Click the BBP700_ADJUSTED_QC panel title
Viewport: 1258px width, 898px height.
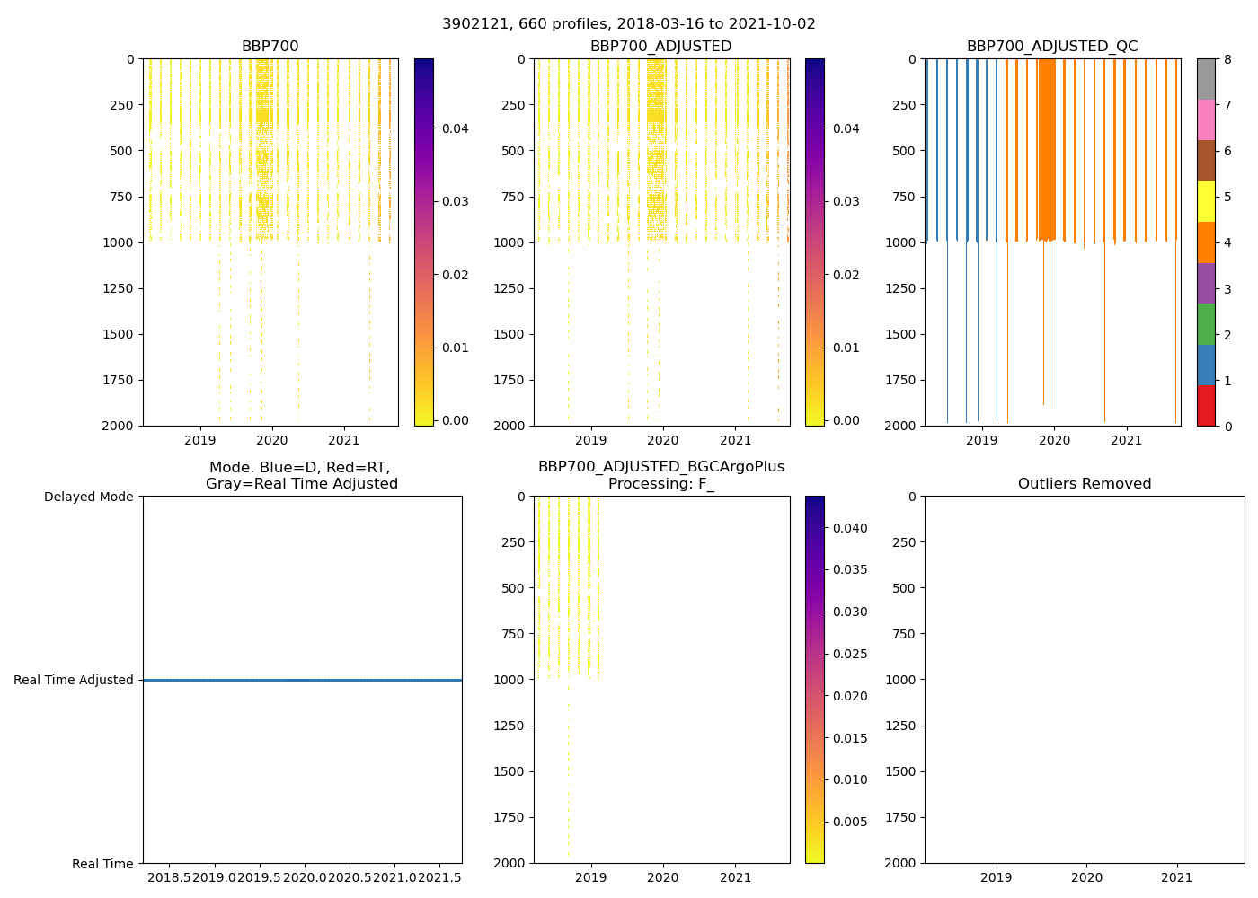click(1052, 47)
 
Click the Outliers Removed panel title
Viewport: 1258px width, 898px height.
click(1084, 484)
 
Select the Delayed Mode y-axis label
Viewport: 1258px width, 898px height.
click(89, 497)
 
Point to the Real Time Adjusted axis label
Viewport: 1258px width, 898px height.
click(74, 680)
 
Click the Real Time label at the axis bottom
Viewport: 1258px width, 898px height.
click(102, 864)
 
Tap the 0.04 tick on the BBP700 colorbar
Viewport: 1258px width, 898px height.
click(456, 128)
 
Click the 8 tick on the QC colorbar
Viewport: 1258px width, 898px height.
click(1227, 59)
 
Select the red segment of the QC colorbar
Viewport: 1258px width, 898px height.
click(1206, 405)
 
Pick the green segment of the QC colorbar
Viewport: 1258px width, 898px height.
click(1206, 323)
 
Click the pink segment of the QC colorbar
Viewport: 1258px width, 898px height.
click(1206, 119)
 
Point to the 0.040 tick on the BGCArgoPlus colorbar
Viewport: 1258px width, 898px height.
click(848, 528)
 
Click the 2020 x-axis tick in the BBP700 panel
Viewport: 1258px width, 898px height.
click(271, 441)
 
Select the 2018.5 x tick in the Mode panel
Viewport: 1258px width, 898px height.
click(169, 876)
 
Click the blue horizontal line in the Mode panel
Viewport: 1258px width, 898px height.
click(302, 680)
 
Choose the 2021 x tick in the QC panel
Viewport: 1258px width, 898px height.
click(1126, 441)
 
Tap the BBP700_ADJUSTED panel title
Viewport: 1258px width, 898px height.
click(660, 47)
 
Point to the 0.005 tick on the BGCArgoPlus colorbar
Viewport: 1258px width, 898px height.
click(848, 822)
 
